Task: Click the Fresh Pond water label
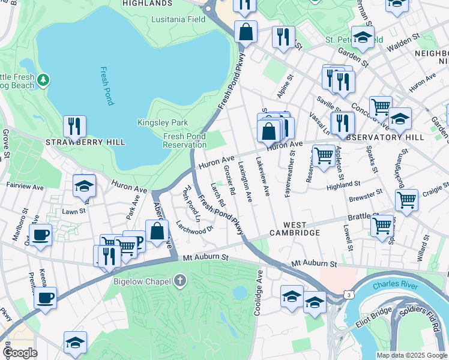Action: pos(107,86)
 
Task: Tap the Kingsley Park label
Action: pos(171,122)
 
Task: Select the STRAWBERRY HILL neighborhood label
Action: pos(85,142)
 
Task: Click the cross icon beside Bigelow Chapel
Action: pos(180,281)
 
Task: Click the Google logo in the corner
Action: pos(20,353)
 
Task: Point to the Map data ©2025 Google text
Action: pos(411,355)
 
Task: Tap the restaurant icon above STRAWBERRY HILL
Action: pos(74,126)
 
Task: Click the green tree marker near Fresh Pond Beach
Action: pos(43,80)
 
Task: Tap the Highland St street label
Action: pos(343,185)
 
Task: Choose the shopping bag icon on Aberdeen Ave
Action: pos(157,231)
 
